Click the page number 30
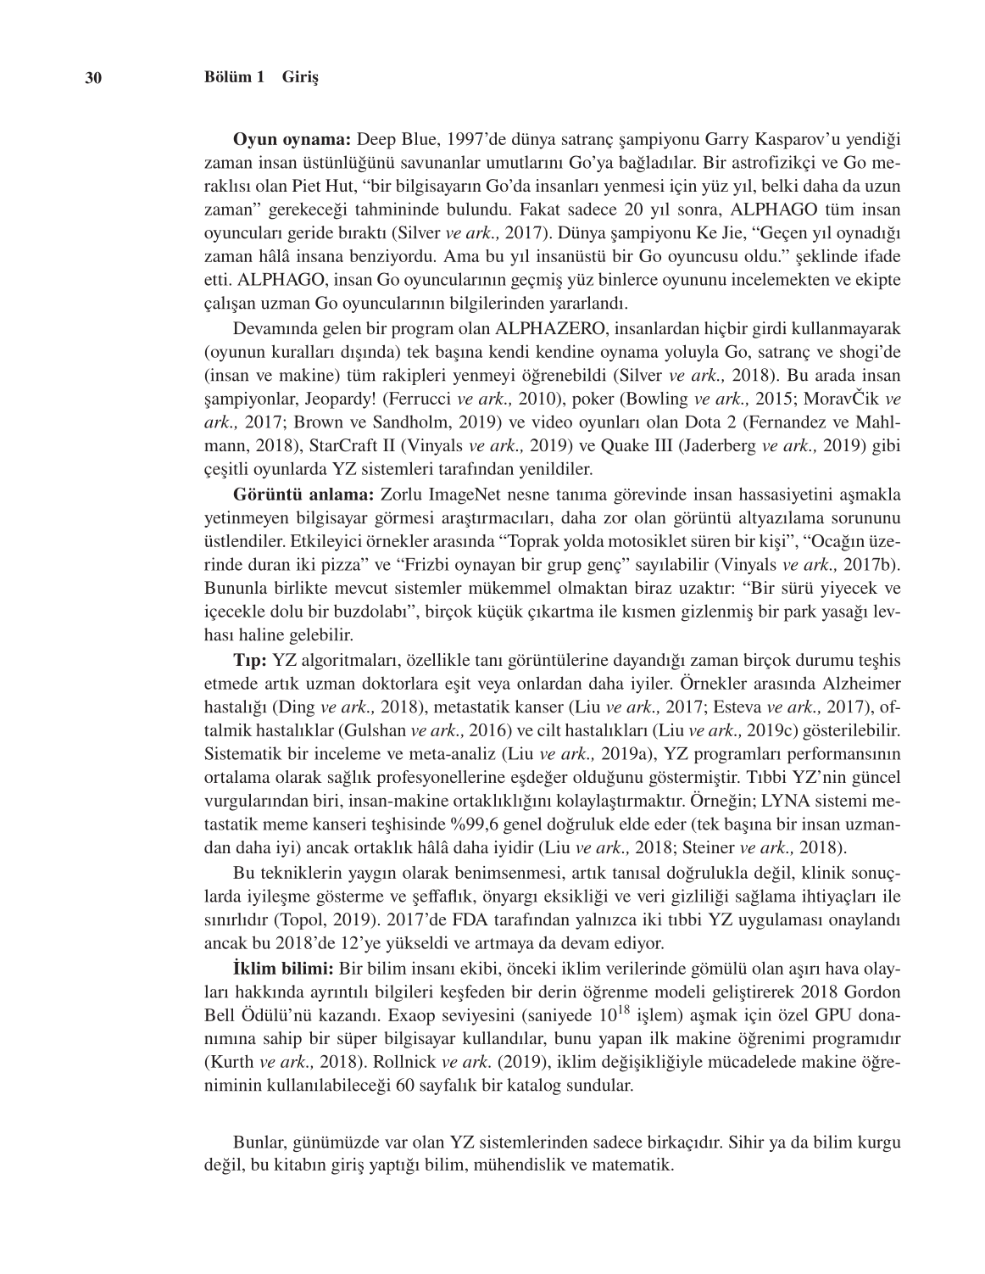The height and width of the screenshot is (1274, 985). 93,78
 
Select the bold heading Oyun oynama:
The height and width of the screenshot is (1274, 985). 293,138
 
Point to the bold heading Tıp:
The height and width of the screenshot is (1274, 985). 250,659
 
